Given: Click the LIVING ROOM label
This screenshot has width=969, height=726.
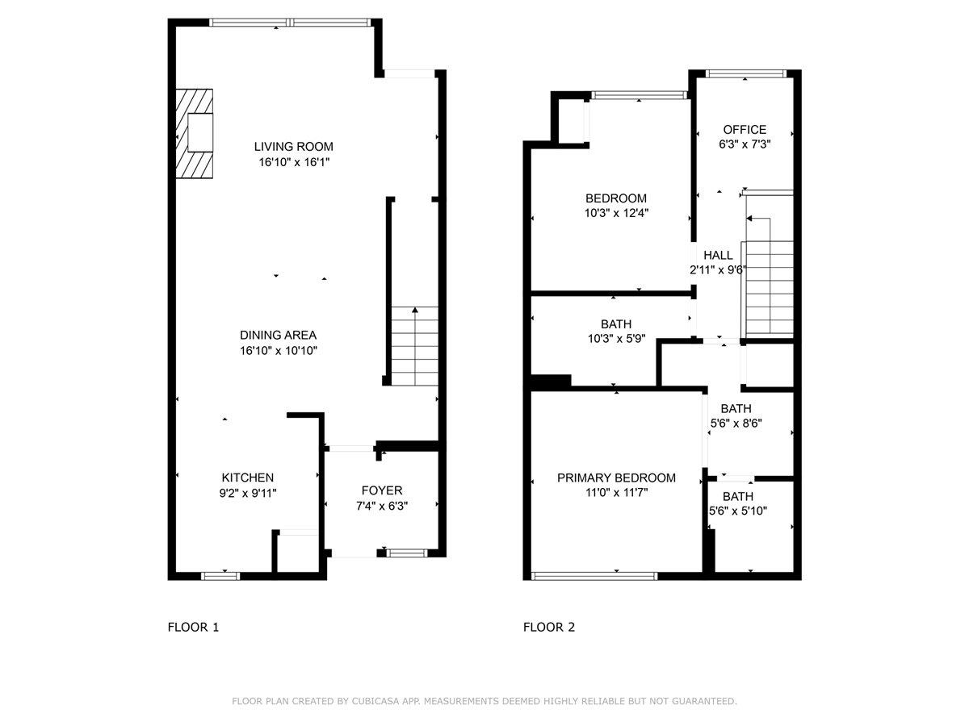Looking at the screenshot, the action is tap(293, 147).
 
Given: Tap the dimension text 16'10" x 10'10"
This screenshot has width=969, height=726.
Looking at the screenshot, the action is tap(278, 351).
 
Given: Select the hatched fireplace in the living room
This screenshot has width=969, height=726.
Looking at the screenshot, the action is tap(195, 133).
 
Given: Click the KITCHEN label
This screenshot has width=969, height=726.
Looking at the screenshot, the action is tap(248, 478).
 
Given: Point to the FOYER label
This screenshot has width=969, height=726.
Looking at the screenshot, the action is tap(381, 490).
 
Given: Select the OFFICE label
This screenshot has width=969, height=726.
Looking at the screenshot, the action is tap(744, 129).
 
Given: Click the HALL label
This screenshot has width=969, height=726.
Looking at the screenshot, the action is tap(718, 256).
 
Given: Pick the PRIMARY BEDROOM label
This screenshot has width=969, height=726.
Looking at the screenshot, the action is tap(616, 478).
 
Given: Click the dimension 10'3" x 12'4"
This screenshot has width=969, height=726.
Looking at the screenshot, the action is tap(617, 214).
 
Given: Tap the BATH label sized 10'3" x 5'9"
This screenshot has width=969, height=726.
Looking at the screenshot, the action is tap(616, 324).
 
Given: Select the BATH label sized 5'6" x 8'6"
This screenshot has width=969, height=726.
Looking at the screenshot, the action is tap(736, 409).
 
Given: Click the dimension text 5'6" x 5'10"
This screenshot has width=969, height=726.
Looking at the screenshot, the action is tap(737, 511).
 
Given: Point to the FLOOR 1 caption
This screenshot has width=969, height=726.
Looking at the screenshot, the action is tap(193, 627).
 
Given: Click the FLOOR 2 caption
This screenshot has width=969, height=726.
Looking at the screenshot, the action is tap(549, 627).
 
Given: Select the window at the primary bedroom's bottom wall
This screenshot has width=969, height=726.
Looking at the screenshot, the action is tap(594, 576).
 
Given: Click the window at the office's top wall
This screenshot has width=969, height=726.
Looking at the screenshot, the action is tap(745, 74).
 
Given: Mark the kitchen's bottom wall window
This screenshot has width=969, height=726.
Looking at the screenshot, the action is tap(220, 576).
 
